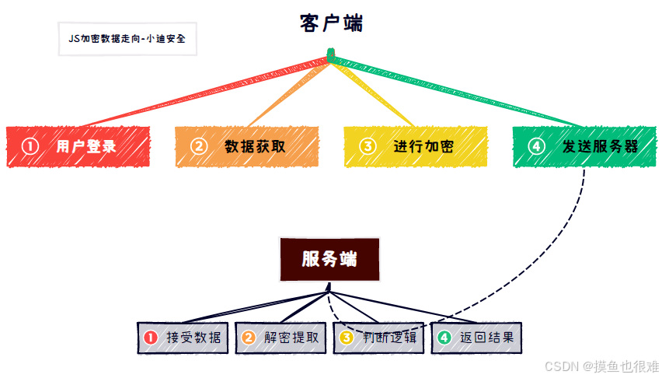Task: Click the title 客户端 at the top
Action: pyautogui.click(x=331, y=23)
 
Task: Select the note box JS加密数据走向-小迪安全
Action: pyautogui.click(x=127, y=38)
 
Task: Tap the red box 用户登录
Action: pyautogui.click(x=78, y=146)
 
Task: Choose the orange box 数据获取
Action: pyautogui.click(x=247, y=146)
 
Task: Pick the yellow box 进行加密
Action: pyautogui.click(x=416, y=146)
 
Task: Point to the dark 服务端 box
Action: pyautogui.click(x=329, y=259)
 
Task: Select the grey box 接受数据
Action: pyautogui.click(x=183, y=338)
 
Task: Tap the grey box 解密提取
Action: pyautogui.click(x=280, y=338)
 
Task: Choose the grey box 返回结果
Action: pyautogui.click(x=476, y=338)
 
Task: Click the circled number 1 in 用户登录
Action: pyautogui.click(x=30, y=146)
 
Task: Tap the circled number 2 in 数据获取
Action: pyautogui.click(x=199, y=146)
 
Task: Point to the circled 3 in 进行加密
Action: pyautogui.click(x=368, y=146)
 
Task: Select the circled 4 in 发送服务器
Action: pyautogui.click(x=536, y=146)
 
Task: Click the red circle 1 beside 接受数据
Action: pyautogui.click(x=151, y=338)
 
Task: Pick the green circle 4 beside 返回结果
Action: pyautogui.click(x=444, y=338)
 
